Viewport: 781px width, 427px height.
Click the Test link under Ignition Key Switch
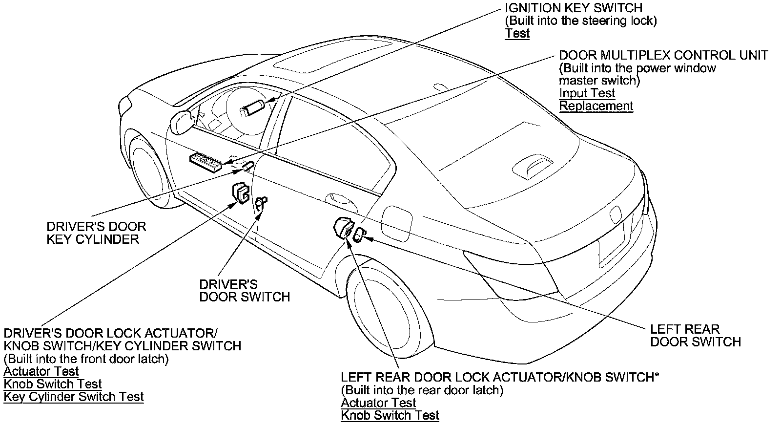coord(517,33)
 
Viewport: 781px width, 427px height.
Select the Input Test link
coord(587,93)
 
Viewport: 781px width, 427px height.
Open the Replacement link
coord(596,106)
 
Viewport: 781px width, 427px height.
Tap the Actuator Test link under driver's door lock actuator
coord(41,371)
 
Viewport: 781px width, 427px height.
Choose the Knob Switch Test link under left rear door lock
coord(390,415)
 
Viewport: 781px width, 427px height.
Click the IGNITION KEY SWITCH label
coord(574,8)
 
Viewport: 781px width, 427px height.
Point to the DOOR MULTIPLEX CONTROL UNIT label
coord(663,55)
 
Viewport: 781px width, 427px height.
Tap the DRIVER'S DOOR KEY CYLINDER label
coord(96,233)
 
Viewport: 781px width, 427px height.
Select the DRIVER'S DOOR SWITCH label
coord(245,290)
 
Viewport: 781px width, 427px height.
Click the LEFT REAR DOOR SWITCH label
coord(695,335)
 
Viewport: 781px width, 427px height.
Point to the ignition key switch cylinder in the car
coord(252,107)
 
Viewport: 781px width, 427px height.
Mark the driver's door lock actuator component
coord(240,192)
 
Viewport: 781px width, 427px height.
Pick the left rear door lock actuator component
coord(342,228)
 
